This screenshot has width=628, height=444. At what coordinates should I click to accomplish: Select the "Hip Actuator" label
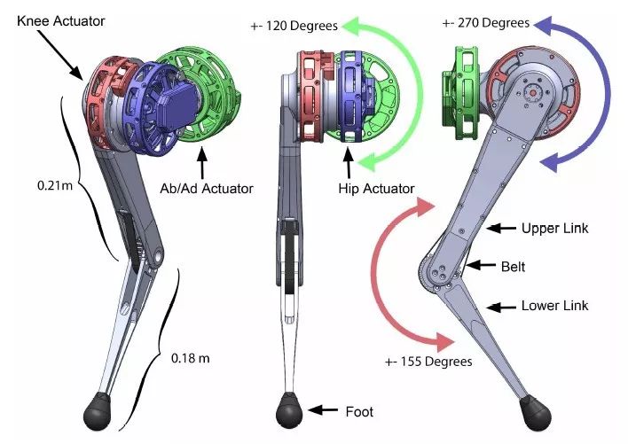[376, 189]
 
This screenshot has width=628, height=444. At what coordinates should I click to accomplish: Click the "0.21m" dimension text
[34, 188]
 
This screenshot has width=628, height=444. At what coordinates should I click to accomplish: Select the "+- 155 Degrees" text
[428, 361]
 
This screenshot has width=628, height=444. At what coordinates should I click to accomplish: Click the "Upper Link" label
[555, 229]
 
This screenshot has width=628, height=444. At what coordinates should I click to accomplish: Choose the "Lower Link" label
[555, 306]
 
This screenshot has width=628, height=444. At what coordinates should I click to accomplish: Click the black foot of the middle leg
[289, 411]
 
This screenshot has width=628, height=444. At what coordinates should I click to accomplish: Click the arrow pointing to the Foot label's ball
[323, 411]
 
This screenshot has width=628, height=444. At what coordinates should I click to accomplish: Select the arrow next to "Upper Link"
[504, 229]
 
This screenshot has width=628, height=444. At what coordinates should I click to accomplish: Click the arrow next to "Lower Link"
[504, 307]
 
